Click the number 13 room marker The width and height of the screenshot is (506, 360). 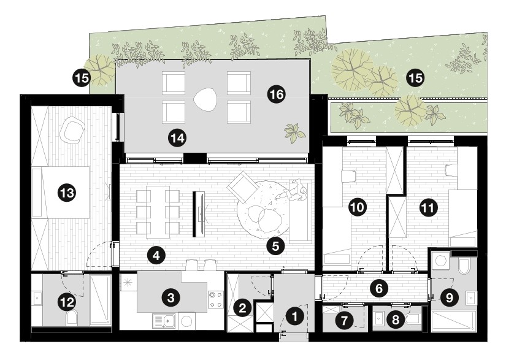click(x=67, y=193)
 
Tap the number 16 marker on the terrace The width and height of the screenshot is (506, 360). click(x=277, y=94)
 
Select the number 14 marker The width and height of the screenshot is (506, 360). click(x=177, y=138)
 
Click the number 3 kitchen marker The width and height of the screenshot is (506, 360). click(x=171, y=297)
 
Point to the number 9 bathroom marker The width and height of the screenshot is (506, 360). click(x=449, y=297)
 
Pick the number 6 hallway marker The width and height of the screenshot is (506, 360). click(x=379, y=288)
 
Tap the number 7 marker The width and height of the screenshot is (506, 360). click(x=345, y=320)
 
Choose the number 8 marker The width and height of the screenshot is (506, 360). click(x=396, y=320)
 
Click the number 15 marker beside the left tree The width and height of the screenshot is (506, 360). click(x=82, y=78)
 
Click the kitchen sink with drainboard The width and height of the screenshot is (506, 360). click(x=164, y=321)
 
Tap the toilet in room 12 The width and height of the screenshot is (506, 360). click(x=72, y=318)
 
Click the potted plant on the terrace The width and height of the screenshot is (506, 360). click(x=294, y=132)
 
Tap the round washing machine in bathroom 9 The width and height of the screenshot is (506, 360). click(x=440, y=259)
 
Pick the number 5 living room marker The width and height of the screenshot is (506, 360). click(x=275, y=246)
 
